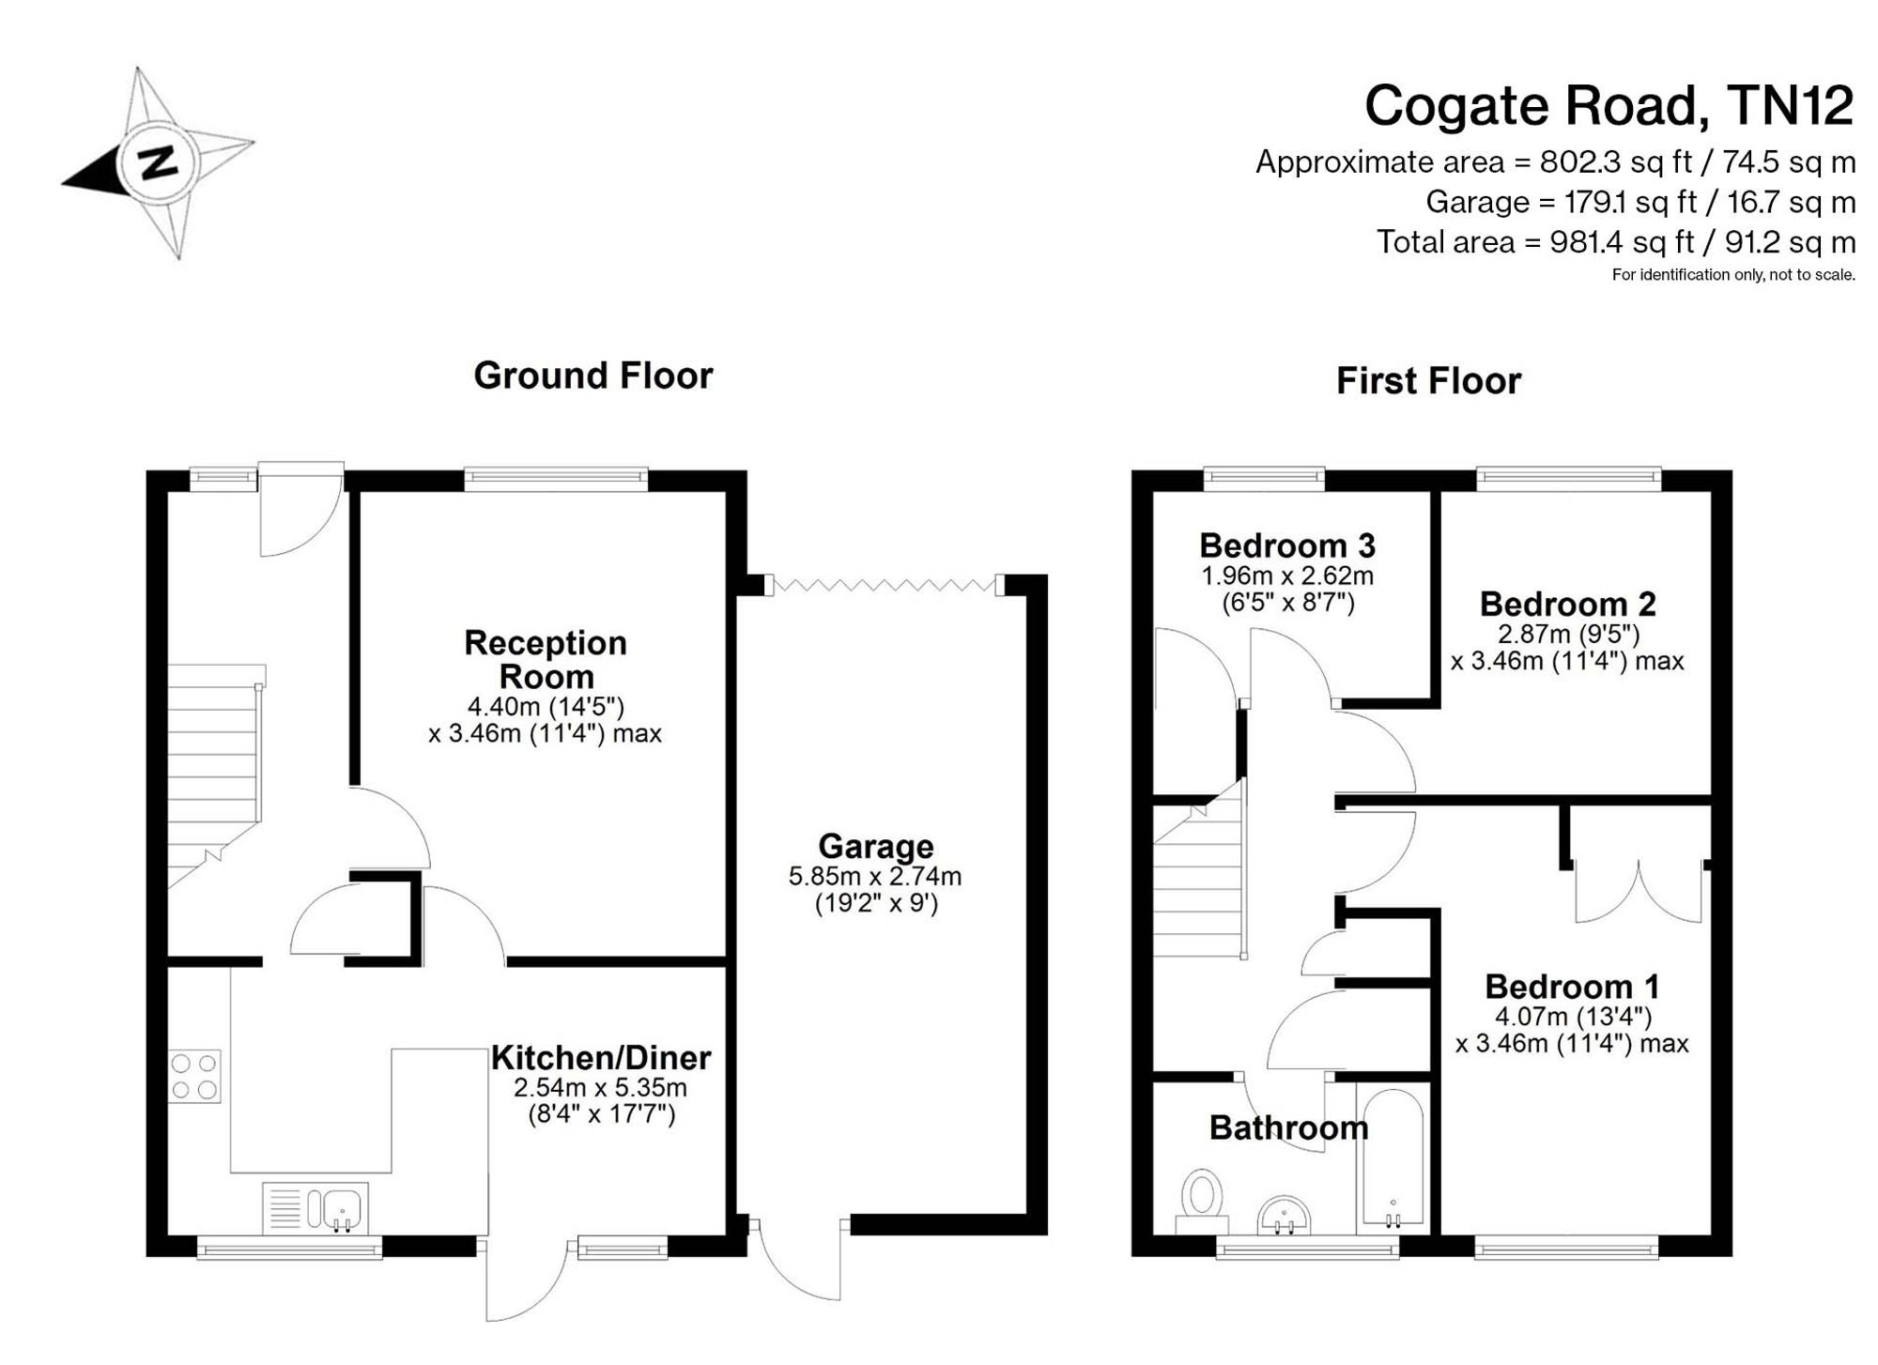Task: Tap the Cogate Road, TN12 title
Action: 1609,105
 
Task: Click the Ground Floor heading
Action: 593,376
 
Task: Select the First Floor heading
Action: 1428,381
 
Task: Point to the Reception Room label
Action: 546,659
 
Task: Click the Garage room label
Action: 876,846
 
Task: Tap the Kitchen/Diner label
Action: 601,1058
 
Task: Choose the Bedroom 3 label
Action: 1287,544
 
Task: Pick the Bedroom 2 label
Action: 1568,603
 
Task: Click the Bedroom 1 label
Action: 1572,987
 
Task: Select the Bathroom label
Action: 1288,1127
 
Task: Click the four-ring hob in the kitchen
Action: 195,1076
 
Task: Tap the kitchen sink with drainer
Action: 316,1207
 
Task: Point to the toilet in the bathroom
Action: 1202,1201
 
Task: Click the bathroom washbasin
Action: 1285,1215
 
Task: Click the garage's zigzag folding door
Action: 884,585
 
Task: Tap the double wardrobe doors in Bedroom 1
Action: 1638,891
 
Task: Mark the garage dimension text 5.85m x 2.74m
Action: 875,877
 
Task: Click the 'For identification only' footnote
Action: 1733,275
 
